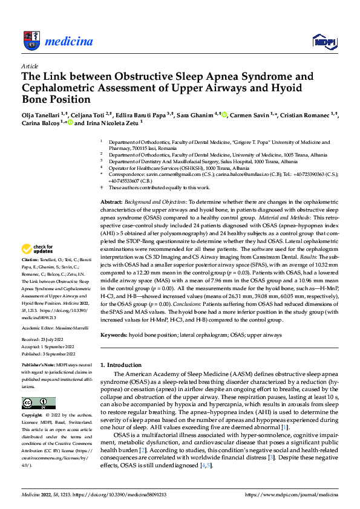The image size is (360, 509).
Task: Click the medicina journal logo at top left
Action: (57, 41)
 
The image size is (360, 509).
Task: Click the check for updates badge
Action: (38, 248)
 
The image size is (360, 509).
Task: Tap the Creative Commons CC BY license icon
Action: (38, 403)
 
